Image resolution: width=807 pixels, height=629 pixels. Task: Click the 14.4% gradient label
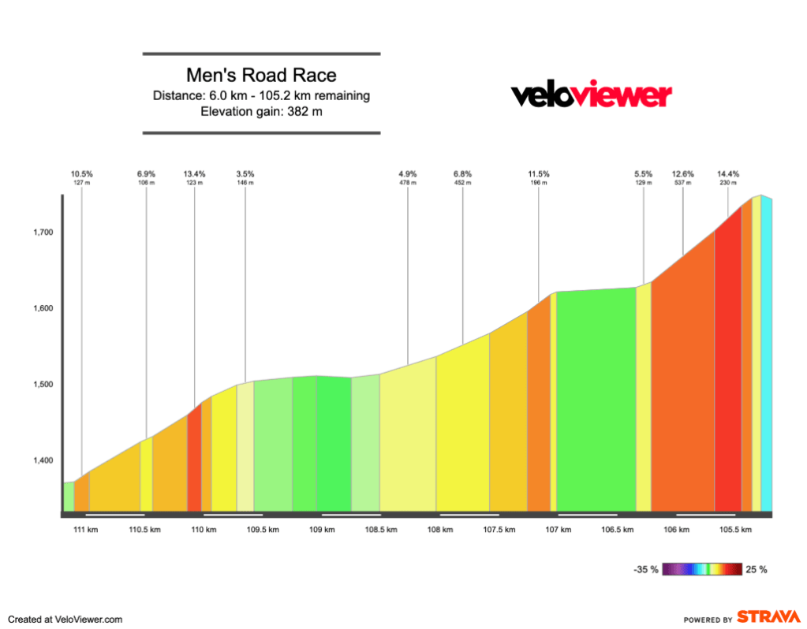pyautogui.click(x=727, y=173)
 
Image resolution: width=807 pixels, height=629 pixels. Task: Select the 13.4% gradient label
pyautogui.click(x=195, y=173)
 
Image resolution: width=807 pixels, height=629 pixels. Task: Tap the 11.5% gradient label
pyautogui.click(x=539, y=173)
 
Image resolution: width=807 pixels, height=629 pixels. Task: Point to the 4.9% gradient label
pyautogui.click(x=407, y=173)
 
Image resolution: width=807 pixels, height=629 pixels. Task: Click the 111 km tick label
pyautogui.click(x=86, y=530)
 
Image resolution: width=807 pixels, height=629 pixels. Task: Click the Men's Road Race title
pyautogui.click(x=261, y=76)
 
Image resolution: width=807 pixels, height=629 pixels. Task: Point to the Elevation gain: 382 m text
pyautogui.click(x=261, y=111)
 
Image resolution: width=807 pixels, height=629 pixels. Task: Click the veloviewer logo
pyautogui.click(x=592, y=95)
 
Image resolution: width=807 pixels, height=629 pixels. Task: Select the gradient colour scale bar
pyautogui.click(x=703, y=569)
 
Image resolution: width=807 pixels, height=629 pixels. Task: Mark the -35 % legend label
pyautogui.click(x=645, y=569)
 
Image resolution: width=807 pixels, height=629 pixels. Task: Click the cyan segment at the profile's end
pyautogui.click(x=766, y=355)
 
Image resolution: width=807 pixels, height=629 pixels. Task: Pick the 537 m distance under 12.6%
pyautogui.click(x=682, y=183)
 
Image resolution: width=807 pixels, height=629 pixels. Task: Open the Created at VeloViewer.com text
pyautogui.click(x=65, y=620)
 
